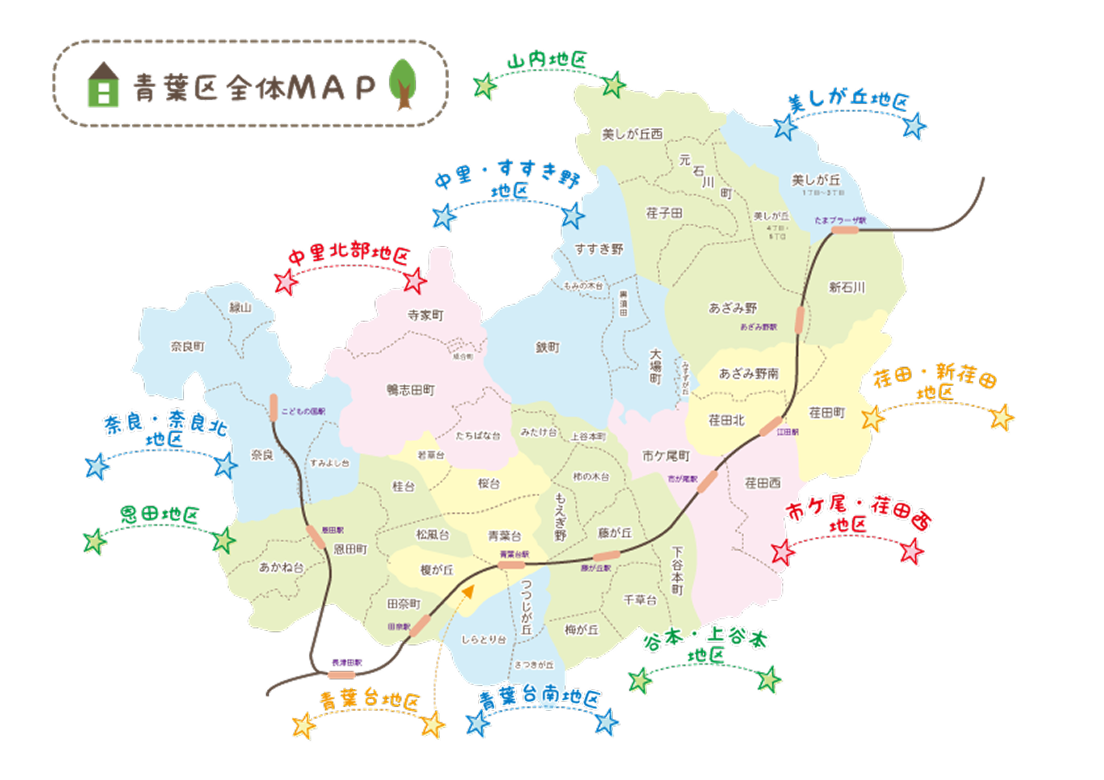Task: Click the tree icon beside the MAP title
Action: pos(403,84)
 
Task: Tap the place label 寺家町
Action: pos(425,315)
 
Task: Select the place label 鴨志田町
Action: pos(410,390)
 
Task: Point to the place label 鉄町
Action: pos(547,347)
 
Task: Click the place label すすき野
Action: pos(599,249)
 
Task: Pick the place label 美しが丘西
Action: pos(632,134)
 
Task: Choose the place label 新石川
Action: pos(846,287)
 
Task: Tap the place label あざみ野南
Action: pos(748,374)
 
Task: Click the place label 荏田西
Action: pos(762,483)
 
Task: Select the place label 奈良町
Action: pos(187,346)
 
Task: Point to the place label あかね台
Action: pos(281,567)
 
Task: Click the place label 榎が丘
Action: pos(437,570)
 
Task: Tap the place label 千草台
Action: pos(639,600)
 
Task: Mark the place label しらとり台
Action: pos(483,639)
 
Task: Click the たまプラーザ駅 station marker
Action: pos(844,230)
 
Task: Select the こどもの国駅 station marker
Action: pos(274,407)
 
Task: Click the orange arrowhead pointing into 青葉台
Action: pos(468,591)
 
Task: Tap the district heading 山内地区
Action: pos(547,60)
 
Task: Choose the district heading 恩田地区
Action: pos(159,515)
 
